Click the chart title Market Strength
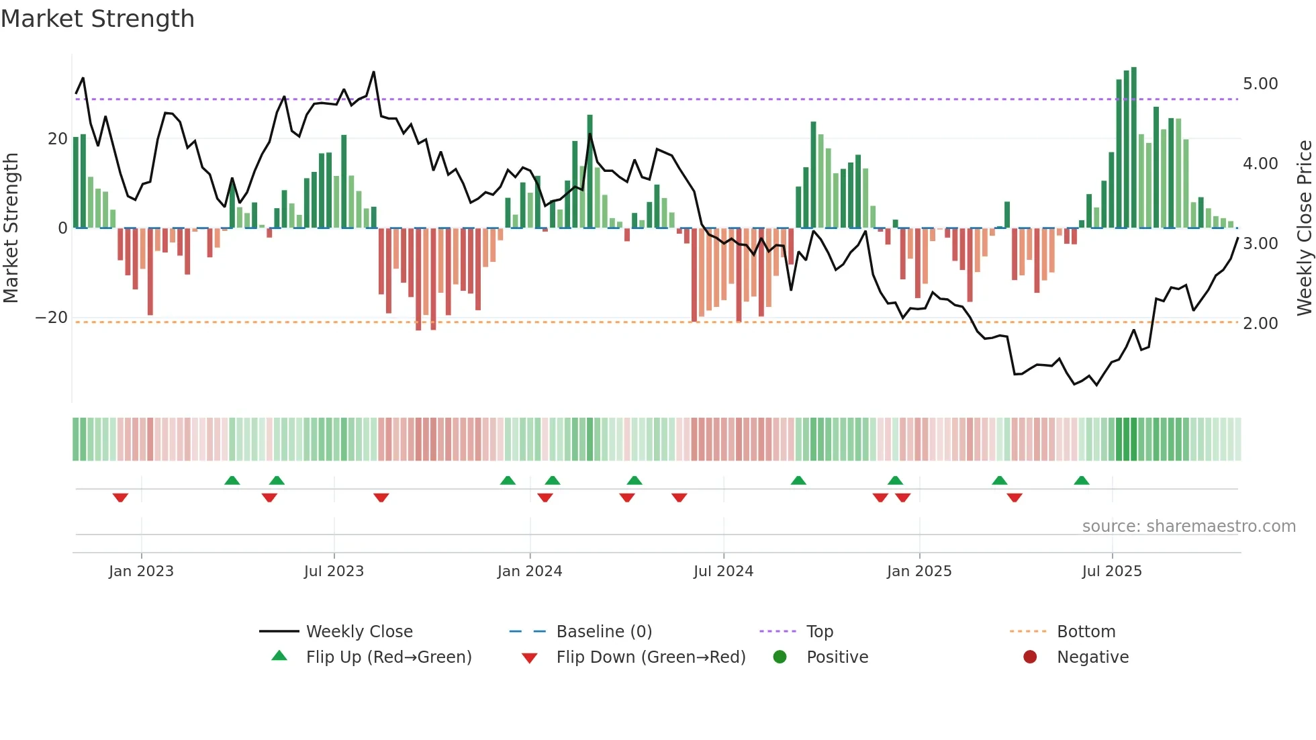coord(97,19)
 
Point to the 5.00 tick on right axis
coord(1260,84)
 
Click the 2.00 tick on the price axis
coord(1260,324)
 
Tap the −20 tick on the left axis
coord(52,318)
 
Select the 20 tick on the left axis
coord(58,139)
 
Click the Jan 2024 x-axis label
coord(529,571)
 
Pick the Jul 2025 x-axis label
coord(1111,571)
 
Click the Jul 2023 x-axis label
coord(334,571)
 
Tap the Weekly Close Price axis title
coord(1304,228)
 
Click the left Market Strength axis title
coord(11,228)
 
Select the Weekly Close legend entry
coord(359,632)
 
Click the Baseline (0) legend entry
coord(604,632)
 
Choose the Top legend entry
coord(819,632)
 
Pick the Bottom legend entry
coord(1086,632)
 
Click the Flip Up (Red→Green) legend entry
coord(388,657)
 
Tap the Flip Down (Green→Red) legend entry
coord(651,657)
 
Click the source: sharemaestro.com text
coord(1188,526)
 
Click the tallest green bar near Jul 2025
coord(1133,148)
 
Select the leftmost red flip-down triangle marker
coord(120,498)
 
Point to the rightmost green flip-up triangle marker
coord(1081,481)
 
